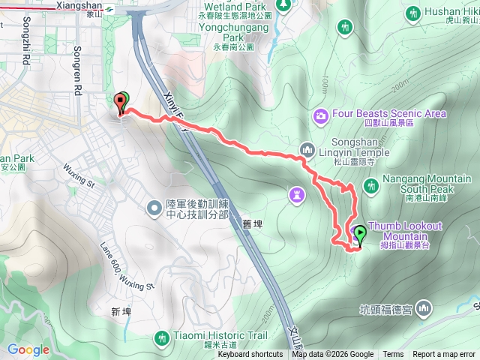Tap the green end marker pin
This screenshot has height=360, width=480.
coord(360,235)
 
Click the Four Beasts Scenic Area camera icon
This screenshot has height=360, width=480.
coord(321,115)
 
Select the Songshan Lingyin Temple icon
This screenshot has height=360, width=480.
coord(306,150)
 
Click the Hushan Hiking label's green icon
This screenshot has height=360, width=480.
coord(412,13)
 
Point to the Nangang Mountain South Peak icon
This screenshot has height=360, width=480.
coord(370,184)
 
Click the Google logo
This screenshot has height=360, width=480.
coord(28,349)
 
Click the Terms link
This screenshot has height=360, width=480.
coord(393,355)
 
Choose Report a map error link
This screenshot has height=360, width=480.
coord(444,355)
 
